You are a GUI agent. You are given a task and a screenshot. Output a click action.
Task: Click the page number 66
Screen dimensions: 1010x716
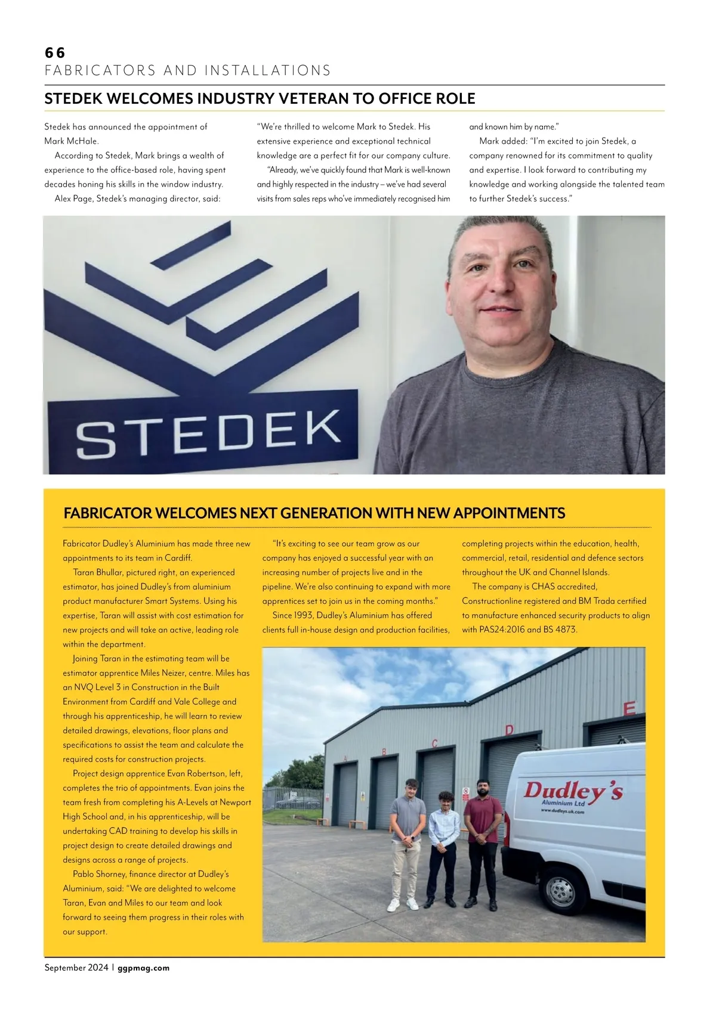pos(55,52)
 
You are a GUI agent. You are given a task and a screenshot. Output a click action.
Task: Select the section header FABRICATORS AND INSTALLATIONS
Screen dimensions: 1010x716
pos(188,70)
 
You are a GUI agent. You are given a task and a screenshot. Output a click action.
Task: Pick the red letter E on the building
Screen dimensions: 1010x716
pos(629,709)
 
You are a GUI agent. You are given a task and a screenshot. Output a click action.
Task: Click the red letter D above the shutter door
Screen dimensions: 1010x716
pos(509,730)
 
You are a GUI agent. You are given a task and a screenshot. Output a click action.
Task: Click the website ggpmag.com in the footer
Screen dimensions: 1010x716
pos(144,968)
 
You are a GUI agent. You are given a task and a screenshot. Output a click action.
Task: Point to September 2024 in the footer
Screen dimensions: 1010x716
pos(76,968)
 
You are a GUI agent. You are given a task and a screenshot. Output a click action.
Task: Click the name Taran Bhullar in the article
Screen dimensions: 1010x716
pos(98,572)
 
